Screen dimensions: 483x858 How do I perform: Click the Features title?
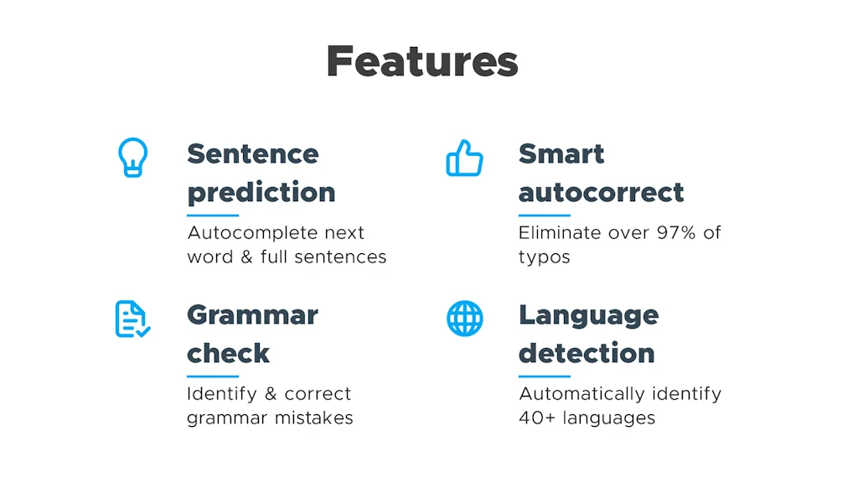422,61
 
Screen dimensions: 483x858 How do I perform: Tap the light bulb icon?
132,157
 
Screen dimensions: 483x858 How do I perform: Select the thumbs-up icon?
464,158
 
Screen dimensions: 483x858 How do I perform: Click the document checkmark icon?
132,319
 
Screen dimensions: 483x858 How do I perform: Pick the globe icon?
464,319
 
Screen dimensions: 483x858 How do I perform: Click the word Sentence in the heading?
252,153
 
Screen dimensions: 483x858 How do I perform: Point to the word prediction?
261,192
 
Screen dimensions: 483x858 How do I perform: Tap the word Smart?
561,153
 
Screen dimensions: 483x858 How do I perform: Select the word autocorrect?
601,192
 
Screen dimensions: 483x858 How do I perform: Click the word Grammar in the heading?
252,315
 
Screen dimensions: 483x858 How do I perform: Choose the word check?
228,353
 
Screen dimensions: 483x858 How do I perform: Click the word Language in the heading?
588,315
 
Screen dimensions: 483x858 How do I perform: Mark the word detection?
587,353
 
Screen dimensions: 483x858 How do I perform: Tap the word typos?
544,257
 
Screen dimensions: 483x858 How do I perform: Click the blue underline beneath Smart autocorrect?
544,215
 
